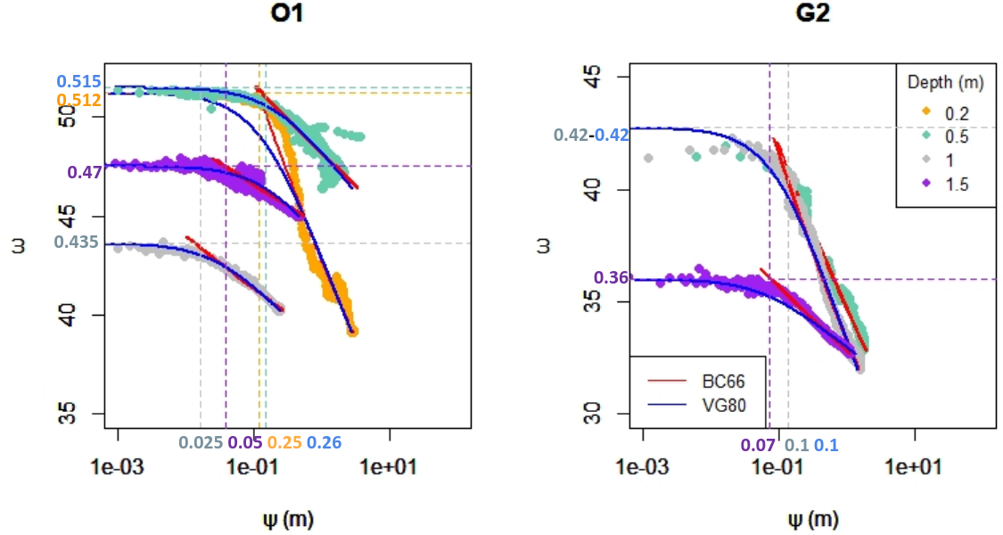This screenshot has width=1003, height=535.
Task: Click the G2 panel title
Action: coord(811,16)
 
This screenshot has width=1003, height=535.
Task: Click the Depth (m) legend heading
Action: coord(945,83)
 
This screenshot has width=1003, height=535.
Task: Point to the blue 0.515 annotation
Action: coord(78,83)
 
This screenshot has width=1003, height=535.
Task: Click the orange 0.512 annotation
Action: coord(78,100)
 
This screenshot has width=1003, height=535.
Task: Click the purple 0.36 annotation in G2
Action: coord(611,277)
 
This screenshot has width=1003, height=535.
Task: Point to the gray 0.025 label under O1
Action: coord(201,442)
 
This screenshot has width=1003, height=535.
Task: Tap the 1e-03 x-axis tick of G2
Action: coord(643,465)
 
